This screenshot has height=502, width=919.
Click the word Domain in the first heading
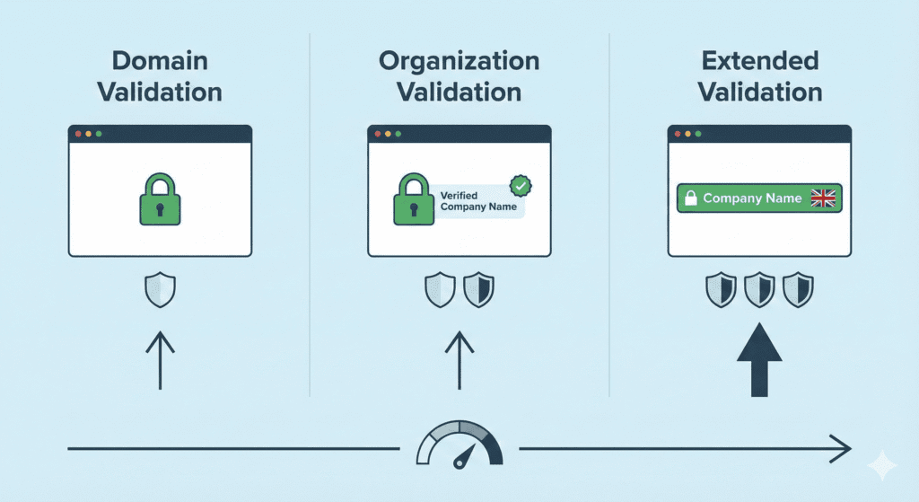160,61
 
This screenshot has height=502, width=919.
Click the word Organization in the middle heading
459,61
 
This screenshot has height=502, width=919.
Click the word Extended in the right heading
760,61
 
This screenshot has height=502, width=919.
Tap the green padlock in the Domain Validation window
160,199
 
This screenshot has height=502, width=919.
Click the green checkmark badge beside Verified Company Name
520,186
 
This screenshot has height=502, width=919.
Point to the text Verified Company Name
478,201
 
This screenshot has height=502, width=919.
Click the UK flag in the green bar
822,198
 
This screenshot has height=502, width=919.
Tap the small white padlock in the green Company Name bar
691,198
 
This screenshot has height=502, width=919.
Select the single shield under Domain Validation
160,291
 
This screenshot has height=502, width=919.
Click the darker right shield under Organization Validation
478,290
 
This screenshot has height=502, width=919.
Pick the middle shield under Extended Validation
760,290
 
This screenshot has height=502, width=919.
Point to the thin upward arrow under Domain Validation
160,359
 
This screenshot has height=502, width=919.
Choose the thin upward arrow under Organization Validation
459,359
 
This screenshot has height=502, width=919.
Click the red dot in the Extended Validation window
677,133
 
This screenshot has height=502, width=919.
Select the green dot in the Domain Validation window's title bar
99,133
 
